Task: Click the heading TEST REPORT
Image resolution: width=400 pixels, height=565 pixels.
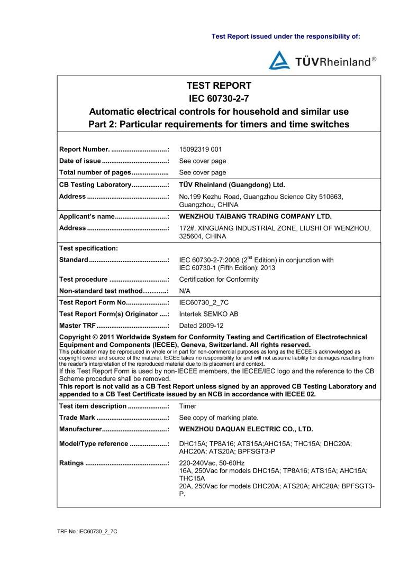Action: coord(219,86)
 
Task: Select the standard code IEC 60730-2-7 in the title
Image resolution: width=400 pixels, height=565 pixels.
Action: coord(219,99)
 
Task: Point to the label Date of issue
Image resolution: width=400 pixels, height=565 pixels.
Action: coord(80,161)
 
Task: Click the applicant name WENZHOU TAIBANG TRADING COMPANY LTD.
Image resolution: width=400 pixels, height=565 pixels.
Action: coord(256,216)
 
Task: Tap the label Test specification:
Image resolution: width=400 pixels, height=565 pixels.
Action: coord(88,248)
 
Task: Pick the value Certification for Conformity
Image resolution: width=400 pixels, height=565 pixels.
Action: coord(219,280)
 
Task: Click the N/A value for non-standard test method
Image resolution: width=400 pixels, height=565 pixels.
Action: coord(185,291)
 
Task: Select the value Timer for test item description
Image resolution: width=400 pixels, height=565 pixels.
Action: coord(188,406)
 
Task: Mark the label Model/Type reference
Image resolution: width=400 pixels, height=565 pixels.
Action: coord(93,444)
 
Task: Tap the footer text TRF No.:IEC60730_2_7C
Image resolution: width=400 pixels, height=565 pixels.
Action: coord(87,530)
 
